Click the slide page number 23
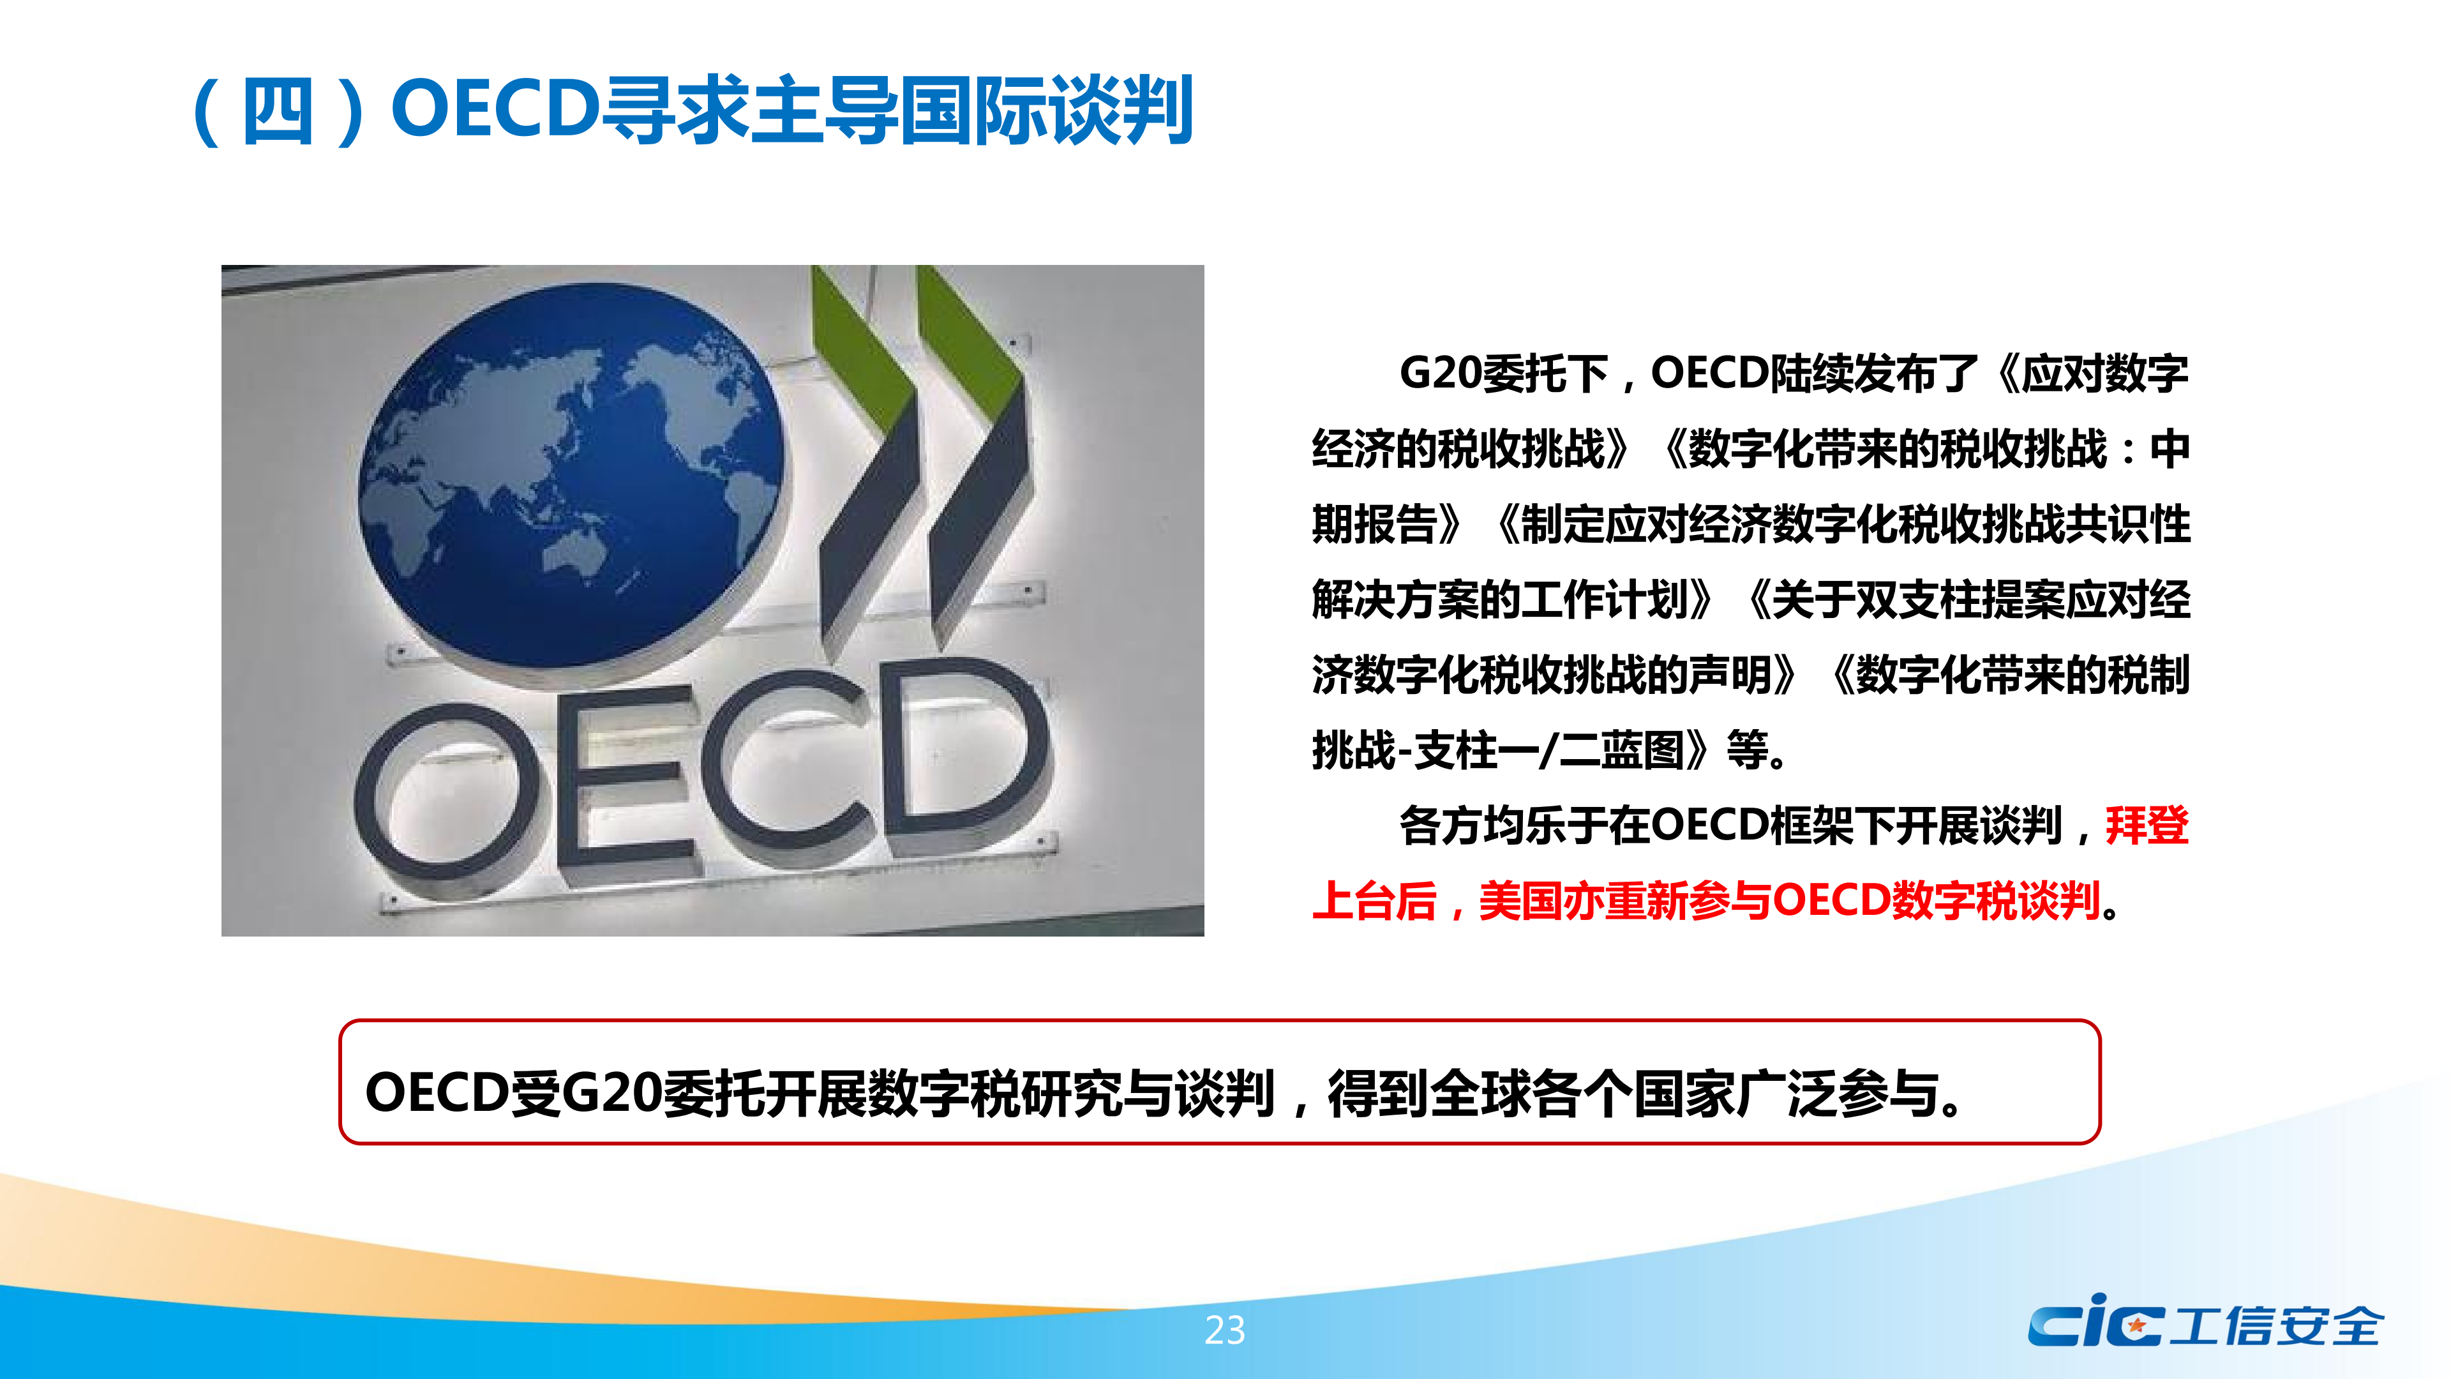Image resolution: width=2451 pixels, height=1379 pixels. click(1225, 1329)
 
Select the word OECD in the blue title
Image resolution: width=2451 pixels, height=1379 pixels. click(496, 109)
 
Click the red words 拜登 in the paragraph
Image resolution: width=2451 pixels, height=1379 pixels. click(2147, 825)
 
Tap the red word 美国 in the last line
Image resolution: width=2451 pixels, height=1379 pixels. click(1520, 900)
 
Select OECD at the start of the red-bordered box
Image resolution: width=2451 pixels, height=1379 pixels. click(438, 1092)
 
